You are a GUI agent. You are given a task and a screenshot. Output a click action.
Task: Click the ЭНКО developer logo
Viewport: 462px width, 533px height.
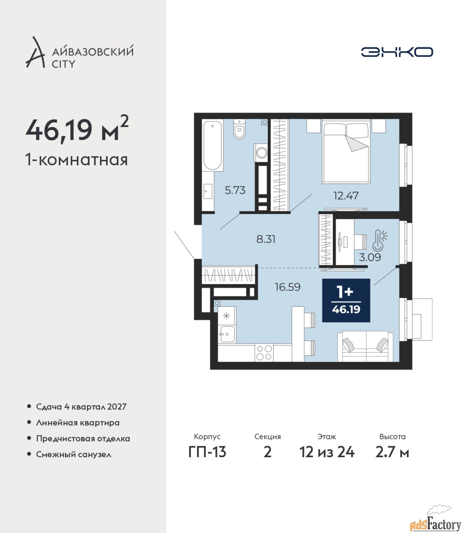click(397, 52)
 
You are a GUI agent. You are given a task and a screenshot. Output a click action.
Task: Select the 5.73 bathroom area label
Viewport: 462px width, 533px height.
click(235, 190)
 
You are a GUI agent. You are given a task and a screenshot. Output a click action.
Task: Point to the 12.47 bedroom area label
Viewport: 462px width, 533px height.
click(346, 196)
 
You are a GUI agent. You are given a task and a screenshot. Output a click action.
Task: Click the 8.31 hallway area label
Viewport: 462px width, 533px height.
click(266, 239)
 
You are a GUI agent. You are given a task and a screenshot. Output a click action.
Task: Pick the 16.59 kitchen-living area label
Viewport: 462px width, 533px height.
click(287, 287)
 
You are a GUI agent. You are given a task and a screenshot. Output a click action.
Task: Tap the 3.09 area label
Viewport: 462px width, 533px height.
click(370, 257)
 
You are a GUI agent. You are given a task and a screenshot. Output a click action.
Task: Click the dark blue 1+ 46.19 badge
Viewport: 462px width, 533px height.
click(346, 300)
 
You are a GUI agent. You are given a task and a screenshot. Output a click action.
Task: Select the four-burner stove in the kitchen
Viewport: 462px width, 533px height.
click(264, 353)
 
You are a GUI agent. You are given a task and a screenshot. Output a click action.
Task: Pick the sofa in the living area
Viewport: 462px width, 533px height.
click(365, 346)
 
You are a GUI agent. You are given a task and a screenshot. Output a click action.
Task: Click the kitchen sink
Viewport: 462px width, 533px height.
click(227, 334)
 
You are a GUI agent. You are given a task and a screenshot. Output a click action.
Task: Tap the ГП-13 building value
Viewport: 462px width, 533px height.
click(207, 452)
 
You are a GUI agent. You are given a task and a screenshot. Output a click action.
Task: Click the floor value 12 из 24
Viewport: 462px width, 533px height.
click(327, 452)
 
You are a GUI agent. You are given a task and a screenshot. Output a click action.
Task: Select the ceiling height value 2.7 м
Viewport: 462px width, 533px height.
click(392, 452)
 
